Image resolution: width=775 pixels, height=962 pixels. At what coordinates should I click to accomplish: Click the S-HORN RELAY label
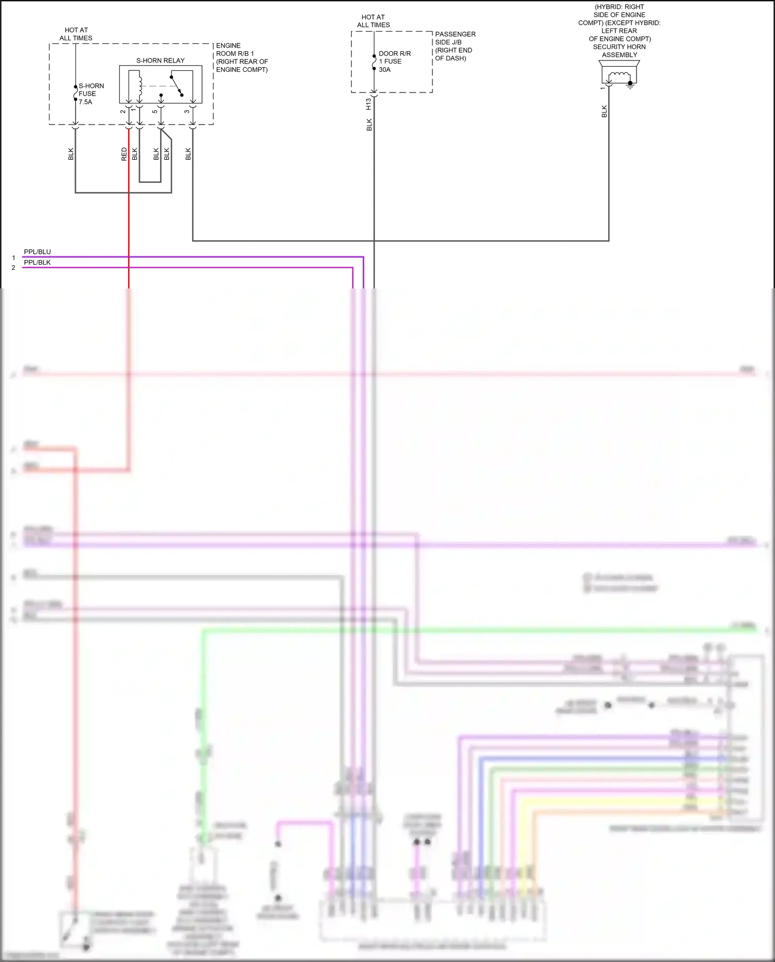tap(160, 60)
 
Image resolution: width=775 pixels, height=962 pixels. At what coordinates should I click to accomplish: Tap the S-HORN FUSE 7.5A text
tap(91, 94)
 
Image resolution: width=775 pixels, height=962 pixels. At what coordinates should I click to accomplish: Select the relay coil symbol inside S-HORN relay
tap(139, 86)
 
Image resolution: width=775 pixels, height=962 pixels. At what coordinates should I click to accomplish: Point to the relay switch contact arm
tap(176, 86)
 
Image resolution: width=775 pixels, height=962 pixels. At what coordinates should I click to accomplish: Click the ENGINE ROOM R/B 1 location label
tap(242, 57)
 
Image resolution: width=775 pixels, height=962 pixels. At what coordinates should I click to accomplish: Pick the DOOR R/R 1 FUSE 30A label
tap(394, 62)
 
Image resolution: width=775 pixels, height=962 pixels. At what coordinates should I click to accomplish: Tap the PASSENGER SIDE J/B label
tap(455, 46)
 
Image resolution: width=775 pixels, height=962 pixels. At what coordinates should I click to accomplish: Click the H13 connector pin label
tap(368, 104)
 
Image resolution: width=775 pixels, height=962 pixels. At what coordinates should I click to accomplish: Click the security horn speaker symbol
tap(619, 72)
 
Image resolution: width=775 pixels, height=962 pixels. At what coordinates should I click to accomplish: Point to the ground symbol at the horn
tap(630, 85)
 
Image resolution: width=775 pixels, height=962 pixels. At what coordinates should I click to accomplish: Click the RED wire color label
tap(124, 154)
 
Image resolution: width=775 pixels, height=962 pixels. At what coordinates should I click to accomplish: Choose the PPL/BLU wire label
tap(37, 252)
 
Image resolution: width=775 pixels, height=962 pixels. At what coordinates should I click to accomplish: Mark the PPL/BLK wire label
tap(37, 262)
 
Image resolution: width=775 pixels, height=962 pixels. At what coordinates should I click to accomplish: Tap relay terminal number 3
tap(187, 112)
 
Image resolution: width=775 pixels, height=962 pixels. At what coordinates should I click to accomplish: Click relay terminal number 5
tap(154, 112)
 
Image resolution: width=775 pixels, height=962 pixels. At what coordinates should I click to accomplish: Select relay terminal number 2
tap(122, 112)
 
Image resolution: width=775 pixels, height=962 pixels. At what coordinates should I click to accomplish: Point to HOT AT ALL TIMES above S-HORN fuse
tap(76, 34)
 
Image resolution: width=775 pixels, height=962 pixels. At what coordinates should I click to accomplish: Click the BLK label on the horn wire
tap(604, 112)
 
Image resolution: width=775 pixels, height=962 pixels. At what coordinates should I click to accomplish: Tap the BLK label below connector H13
tap(369, 125)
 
